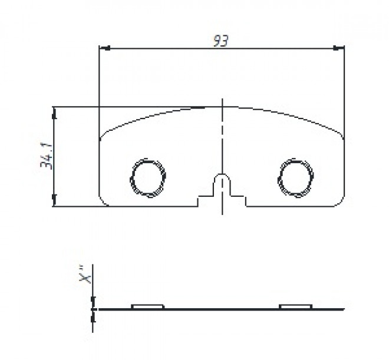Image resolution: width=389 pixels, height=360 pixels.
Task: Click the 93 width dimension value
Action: click(x=221, y=40)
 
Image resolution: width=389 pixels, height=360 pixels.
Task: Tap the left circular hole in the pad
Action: click(x=146, y=176)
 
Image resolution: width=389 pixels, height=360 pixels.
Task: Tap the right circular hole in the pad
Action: click(x=296, y=176)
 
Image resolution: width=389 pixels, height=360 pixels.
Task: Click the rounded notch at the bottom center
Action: click(x=222, y=180)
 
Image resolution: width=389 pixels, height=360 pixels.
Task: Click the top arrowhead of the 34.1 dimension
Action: click(x=54, y=111)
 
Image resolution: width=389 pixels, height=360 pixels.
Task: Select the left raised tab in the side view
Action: click(x=147, y=306)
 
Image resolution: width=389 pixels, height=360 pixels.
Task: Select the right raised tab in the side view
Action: click(x=295, y=306)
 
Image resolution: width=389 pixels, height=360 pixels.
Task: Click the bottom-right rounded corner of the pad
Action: click(x=340, y=202)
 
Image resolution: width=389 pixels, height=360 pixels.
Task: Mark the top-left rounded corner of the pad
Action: click(x=104, y=134)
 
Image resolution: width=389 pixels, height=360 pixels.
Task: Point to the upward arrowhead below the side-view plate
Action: click(x=93, y=315)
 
